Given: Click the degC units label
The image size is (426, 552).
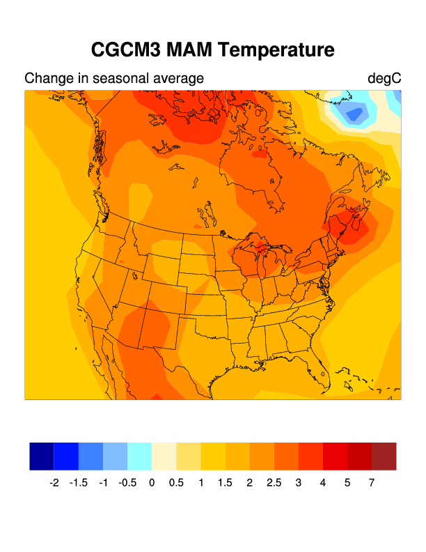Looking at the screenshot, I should [x=384, y=79].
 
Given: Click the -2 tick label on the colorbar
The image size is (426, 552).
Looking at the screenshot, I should [x=54, y=482].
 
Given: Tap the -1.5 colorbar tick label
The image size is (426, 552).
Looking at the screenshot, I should [x=79, y=482].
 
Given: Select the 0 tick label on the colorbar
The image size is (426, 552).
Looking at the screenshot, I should [x=152, y=482].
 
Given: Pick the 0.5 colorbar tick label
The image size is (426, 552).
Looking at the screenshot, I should [x=176, y=482].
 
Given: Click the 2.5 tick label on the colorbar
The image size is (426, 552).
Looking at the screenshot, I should [x=274, y=482].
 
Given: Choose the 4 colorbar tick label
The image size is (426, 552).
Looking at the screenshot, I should [x=323, y=482].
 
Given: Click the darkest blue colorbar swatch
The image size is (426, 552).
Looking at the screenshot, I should [x=42, y=456].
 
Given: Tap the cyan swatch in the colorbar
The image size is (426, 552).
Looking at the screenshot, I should [x=139, y=456].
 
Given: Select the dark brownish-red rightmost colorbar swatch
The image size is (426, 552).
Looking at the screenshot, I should [x=384, y=456].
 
